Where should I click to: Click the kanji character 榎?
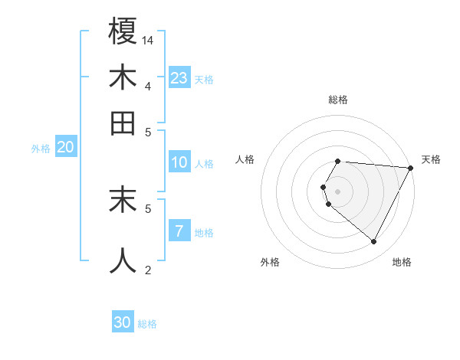[123, 31]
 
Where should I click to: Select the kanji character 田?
[123, 123]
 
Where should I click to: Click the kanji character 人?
[123, 260]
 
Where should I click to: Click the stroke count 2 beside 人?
[148, 269]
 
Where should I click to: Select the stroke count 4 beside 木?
[147, 86]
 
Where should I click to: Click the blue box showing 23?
[179, 78]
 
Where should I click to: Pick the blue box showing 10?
[179, 162]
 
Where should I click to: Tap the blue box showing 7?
[179, 231]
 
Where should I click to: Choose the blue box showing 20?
[65, 147]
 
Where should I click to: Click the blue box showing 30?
[123, 322]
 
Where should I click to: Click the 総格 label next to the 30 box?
[147, 324]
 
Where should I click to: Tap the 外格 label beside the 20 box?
[41, 149]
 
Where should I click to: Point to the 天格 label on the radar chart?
[431, 159]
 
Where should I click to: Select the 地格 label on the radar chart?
[402, 262]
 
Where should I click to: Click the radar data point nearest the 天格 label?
[411, 168]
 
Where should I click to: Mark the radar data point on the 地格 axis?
[373, 242]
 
